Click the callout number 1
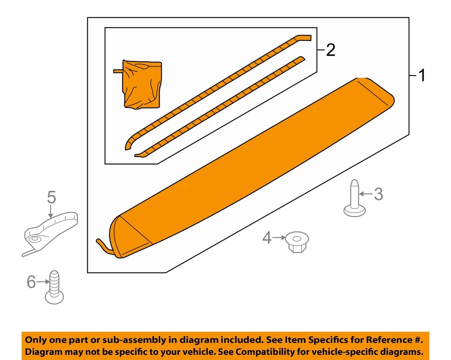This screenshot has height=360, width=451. (422, 75)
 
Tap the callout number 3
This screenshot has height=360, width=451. (378, 193)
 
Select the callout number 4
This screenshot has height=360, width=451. (267, 238)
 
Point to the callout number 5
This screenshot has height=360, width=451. (51, 197)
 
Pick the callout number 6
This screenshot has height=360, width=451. (31, 282)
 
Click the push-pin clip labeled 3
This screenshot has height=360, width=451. (355, 200)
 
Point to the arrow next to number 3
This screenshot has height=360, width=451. (365, 193)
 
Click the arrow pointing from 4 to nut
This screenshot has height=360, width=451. (280, 238)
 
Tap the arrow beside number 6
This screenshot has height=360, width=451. (43, 282)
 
